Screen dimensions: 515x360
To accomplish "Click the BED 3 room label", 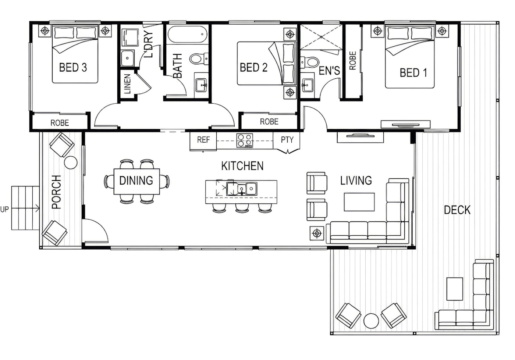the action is [73, 67].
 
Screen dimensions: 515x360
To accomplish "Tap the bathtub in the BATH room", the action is [187, 34].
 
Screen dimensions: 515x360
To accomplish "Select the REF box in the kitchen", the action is [203, 140].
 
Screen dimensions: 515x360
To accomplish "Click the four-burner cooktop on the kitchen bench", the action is [245, 140].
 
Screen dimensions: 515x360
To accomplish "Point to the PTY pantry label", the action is [287, 140].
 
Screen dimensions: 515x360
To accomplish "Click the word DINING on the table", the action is [136, 181].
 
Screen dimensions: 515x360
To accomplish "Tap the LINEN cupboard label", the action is [127, 84].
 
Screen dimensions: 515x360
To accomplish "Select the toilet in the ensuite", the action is [310, 62].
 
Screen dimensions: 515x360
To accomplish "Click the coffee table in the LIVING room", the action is [359, 202].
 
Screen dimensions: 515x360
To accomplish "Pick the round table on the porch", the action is [71, 163].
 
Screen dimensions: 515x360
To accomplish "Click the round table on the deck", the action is [371, 321].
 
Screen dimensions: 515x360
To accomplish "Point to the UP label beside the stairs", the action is [4, 210].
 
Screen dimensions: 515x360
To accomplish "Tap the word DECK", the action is [457, 210].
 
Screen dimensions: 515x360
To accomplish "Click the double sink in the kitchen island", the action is [242, 189].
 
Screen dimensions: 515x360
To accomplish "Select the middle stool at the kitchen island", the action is [242, 208].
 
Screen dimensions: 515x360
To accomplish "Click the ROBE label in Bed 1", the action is [352, 60].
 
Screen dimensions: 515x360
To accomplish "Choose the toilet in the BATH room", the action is [199, 58].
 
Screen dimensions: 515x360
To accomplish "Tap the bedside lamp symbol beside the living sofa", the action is [317, 234].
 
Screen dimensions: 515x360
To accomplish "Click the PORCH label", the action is [56, 192].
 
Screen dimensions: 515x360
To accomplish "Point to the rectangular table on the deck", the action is [455, 289].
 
